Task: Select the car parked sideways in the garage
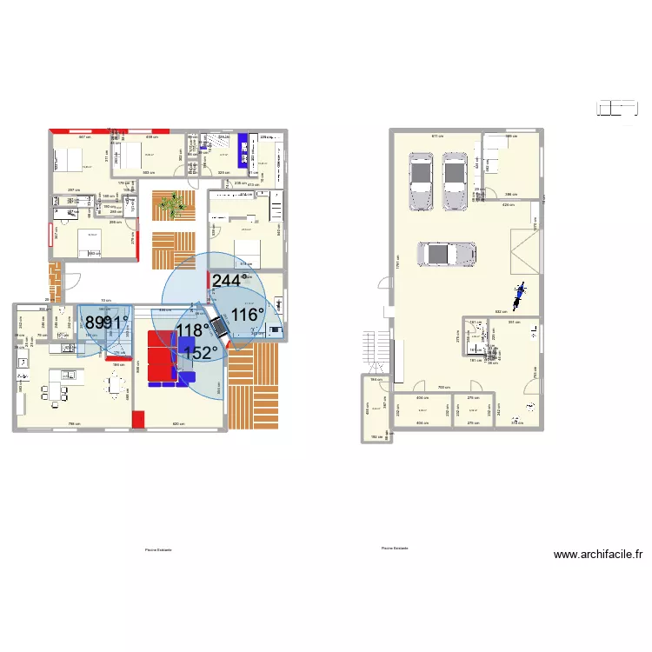click(447, 254)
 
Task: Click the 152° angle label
click(200, 352)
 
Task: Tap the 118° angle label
click(192, 329)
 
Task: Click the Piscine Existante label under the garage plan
click(395, 548)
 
